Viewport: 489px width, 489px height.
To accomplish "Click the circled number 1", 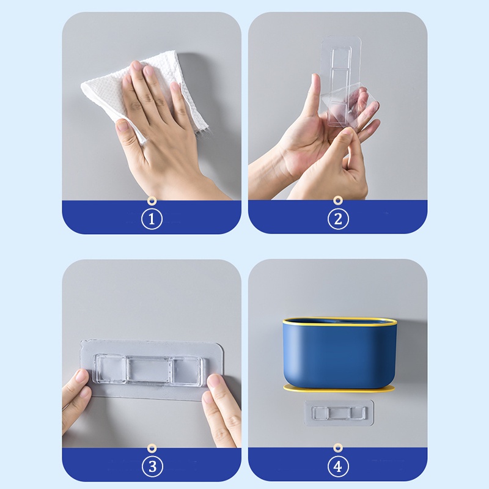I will [152, 219].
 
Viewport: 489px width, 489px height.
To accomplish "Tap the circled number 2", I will [337, 219].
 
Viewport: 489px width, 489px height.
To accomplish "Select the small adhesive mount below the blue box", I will [339, 413].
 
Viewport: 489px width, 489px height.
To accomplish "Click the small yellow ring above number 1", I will [152, 200].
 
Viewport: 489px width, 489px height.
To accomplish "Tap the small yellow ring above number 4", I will [337, 449].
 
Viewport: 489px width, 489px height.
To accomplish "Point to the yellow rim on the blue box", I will [337, 320].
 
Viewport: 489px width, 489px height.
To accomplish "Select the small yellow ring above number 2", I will [337, 200].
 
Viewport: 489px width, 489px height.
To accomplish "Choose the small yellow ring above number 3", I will [152, 449].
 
